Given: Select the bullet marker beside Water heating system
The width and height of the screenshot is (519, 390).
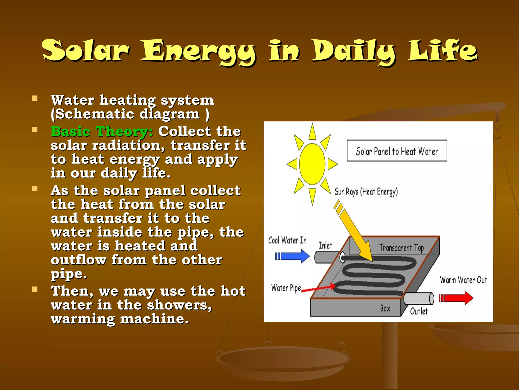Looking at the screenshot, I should click(x=35, y=99).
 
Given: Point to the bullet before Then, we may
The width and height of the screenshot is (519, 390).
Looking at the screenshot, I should click(x=35, y=289).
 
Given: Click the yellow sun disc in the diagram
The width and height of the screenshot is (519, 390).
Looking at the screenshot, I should click(x=312, y=164).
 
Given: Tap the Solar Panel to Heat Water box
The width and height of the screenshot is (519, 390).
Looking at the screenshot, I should click(x=397, y=151).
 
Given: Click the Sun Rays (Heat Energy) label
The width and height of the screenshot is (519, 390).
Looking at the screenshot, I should click(x=366, y=191).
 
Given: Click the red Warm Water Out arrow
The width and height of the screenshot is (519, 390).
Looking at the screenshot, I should click(x=456, y=298).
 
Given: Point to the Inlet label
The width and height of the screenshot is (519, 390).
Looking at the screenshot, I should click(x=325, y=246).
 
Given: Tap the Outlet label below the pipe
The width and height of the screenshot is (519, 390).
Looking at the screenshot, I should click(x=419, y=311).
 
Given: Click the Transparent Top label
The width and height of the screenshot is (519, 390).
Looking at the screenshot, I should click(x=401, y=248).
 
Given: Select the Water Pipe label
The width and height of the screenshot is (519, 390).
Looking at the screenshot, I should click(x=286, y=288).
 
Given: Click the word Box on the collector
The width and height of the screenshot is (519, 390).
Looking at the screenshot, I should click(x=385, y=308).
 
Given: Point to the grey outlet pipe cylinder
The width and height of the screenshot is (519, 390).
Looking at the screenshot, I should click(x=418, y=298).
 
